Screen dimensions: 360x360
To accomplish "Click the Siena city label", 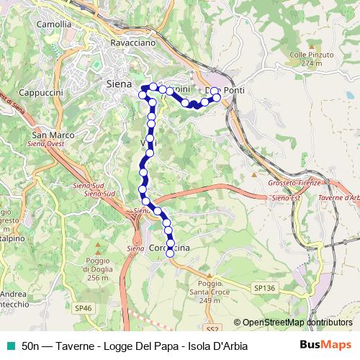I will tap(118, 84).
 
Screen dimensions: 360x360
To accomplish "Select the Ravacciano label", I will tap(132, 42).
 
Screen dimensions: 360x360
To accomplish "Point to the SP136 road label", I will tap(264, 287).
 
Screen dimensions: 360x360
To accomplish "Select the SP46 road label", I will tap(84, 307).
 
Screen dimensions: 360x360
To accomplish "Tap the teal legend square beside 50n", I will tap(9, 346).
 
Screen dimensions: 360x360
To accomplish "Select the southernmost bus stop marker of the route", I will tap(171, 253).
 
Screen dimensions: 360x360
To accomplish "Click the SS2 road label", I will tap(212, 328).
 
